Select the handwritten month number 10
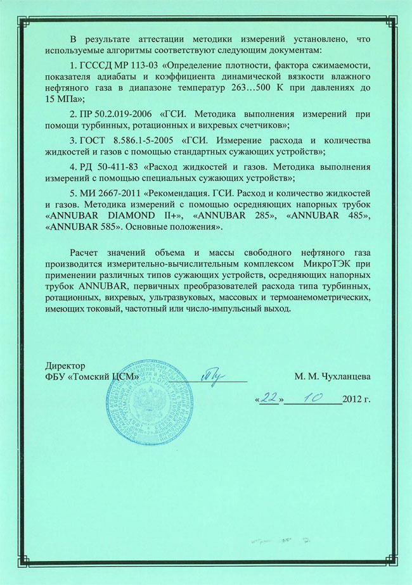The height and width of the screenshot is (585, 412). [312, 397]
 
